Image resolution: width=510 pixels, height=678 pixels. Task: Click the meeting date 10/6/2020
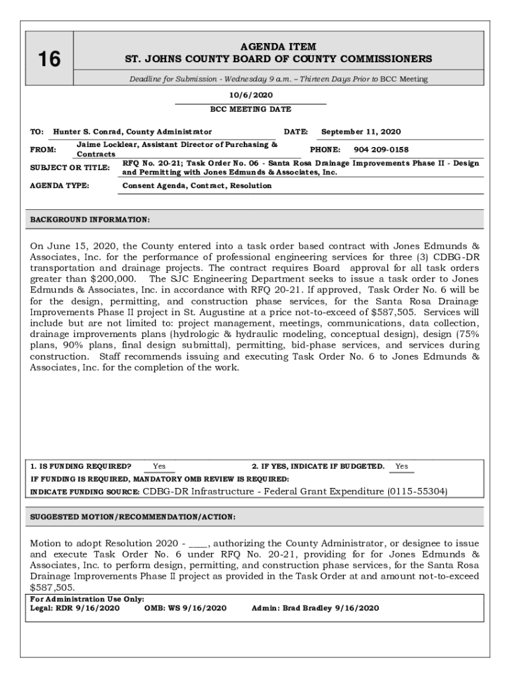250,95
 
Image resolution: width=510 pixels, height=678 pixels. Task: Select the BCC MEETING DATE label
250,109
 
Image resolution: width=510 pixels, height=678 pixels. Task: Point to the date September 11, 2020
361,132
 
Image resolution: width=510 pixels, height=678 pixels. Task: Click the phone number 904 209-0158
381,150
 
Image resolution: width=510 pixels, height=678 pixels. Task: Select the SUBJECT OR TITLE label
70,168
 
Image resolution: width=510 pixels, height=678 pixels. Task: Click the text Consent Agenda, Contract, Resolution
197,186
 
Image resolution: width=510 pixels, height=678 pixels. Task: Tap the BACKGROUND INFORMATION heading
90,218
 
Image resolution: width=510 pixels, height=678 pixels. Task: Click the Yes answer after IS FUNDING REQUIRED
160,466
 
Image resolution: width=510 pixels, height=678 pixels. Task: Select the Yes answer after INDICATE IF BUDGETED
401,466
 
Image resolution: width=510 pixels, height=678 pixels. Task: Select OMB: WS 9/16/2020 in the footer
185,608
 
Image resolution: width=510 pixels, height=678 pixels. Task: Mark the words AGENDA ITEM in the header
279,47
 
